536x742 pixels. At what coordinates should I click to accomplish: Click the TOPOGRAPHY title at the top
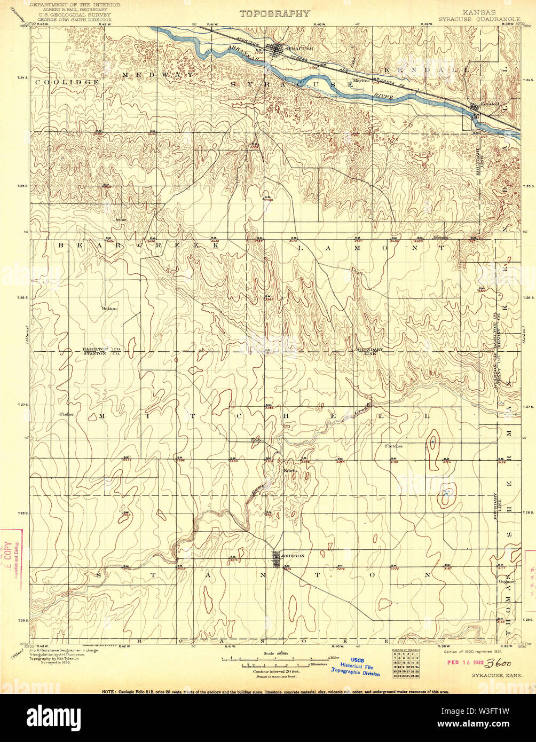[x=274, y=13]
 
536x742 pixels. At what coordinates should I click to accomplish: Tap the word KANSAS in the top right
[x=479, y=12]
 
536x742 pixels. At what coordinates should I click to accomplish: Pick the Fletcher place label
[x=393, y=445]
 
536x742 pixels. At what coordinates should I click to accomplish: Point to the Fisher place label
[x=67, y=414]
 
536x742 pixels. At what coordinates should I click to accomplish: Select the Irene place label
[x=120, y=218]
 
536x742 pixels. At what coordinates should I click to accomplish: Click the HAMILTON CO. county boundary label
[x=94, y=348]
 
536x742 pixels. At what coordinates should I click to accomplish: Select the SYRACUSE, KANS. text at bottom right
[x=496, y=675]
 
